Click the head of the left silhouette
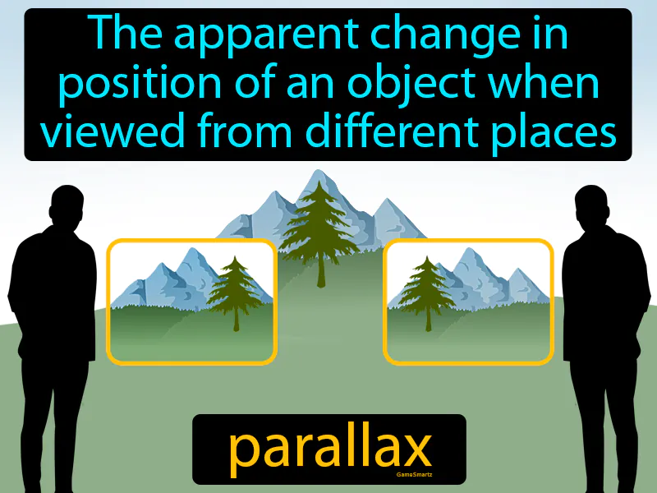click(67, 205)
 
